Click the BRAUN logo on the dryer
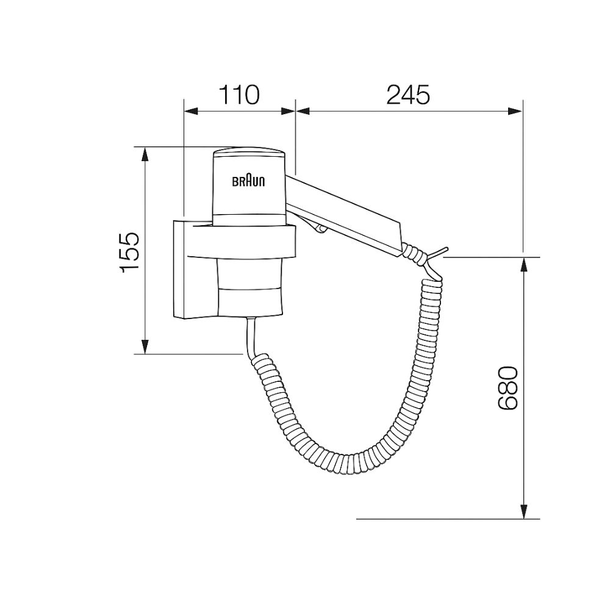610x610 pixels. [248, 181]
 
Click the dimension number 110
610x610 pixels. [239, 95]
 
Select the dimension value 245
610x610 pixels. [408, 95]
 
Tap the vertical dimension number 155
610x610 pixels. [131, 252]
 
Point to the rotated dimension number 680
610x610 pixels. [508, 388]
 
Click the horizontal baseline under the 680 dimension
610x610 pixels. [448, 519]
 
